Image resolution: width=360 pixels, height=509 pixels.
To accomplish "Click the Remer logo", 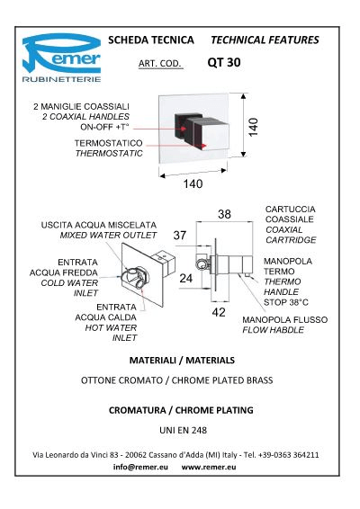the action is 61,58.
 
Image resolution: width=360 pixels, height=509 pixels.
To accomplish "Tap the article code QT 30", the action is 224,62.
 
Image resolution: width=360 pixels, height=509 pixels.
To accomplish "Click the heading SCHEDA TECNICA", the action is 151,40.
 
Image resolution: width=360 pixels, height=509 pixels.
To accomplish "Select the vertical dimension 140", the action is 253,128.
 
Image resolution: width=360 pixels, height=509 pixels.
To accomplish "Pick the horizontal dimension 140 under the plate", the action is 193,183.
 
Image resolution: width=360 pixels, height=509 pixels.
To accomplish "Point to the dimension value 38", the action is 224,214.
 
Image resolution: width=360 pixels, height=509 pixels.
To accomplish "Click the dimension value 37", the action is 180,235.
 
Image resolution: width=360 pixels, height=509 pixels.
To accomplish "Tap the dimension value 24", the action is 185,278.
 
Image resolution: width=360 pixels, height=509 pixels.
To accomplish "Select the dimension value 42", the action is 219,312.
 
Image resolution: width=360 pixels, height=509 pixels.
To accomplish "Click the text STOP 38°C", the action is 286,302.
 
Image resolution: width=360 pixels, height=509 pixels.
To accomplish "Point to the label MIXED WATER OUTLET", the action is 109,235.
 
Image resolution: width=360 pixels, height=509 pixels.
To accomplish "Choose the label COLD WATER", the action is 69,282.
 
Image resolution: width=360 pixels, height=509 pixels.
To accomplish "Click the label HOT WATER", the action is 111,327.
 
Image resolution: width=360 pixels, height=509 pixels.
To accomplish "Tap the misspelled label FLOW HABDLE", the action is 274,330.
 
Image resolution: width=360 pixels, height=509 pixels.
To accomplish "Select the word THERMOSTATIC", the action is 109,153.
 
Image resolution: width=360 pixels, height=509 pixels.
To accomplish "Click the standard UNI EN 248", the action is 184,431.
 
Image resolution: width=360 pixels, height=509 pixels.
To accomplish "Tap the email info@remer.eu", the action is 140,467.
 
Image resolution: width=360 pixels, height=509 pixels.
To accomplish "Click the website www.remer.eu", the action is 209,467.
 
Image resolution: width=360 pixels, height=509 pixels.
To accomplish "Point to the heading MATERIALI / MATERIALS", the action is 182,360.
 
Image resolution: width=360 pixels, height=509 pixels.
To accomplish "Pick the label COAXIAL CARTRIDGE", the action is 291,235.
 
